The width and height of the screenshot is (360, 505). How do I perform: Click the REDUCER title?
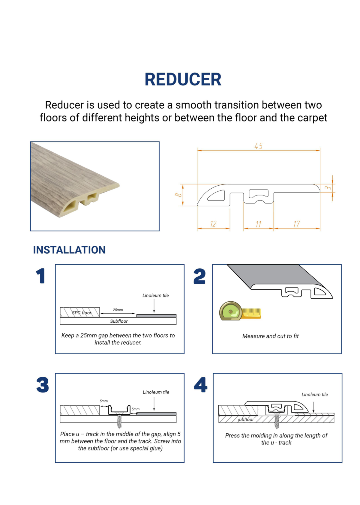click(183, 79)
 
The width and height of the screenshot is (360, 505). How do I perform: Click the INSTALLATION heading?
click(69, 250)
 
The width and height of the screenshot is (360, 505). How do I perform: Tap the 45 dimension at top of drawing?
click(258, 146)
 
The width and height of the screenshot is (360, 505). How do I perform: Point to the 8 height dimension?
click(178, 195)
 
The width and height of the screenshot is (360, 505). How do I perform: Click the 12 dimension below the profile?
click(213, 224)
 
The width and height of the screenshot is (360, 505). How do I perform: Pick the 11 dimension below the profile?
click(258, 224)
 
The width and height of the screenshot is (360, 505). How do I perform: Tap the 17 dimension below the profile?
click(296, 224)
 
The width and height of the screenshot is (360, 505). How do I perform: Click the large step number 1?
click(40, 276)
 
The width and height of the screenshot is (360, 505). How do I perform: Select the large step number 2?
click(199, 276)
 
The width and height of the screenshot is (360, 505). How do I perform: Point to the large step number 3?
click(43, 385)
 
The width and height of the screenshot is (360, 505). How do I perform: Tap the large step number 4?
click(200, 385)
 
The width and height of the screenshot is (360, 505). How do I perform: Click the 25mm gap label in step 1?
click(118, 310)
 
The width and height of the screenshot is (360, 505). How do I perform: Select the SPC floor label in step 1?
click(81, 312)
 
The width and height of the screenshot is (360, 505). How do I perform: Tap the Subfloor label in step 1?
click(119, 321)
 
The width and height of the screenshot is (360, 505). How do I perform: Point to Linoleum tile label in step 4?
click(315, 395)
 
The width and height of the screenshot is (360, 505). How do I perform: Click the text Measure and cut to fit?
click(270, 336)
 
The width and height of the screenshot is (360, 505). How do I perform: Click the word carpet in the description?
click(312, 118)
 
